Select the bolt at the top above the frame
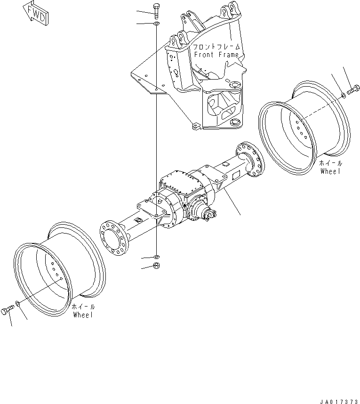pyautogui.click(x=156, y=10)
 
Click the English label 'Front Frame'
pyautogui.click(x=216, y=55)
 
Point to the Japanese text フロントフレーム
pyautogui.click(x=216, y=47)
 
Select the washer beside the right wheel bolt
pyautogui.click(x=344, y=96)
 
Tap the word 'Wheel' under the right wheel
pyautogui.click(x=330, y=171)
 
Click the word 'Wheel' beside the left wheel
pyautogui.click(x=83, y=314)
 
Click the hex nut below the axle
pyautogui.click(x=156, y=267)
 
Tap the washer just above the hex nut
pyautogui.click(x=156, y=257)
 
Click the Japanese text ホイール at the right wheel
pyautogui.click(x=331, y=163)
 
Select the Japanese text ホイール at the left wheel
pyautogui.click(x=83, y=306)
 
